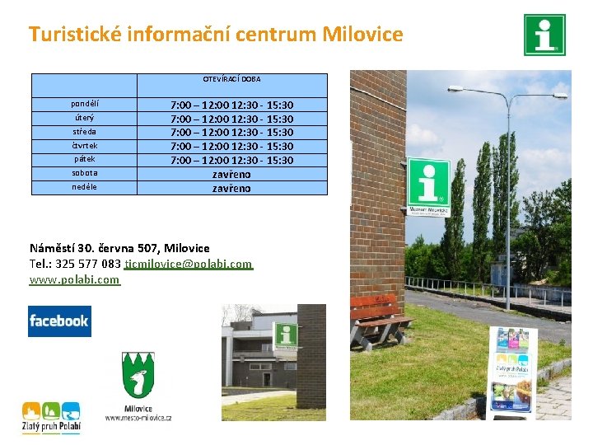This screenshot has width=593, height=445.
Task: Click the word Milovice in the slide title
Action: pyautogui.click(x=362, y=35)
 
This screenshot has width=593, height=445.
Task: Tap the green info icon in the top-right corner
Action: pyautogui.click(x=544, y=35)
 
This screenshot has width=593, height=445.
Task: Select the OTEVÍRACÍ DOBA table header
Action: pyautogui.click(x=231, y=79)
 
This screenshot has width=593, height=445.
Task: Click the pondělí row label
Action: pyautogui.click(x=85, y=105)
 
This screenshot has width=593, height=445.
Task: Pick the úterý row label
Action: pyautogui.click(x=85, y=119)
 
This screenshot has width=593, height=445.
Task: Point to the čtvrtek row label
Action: pyautogui.click(x=85, y=146)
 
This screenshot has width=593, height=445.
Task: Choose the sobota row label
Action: pyautogui.click(x=85, y=173)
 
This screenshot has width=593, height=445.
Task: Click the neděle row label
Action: pyautogui.click(x=85, y=187)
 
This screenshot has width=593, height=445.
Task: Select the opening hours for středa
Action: pyautogui.click(x=231, y=133)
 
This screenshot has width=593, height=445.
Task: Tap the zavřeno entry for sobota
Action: pyautogui.click(x=231, y=175)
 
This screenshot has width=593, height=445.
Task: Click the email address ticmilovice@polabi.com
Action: pyautogui.click(x=189, y=264)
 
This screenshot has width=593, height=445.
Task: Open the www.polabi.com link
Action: pyautogui.click(x=75, y=279)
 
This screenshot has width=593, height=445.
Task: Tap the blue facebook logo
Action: pyautogui.click(x=59, y=321)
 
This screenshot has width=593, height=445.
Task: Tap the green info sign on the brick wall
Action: pyautogui.click(x=428, y=187)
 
